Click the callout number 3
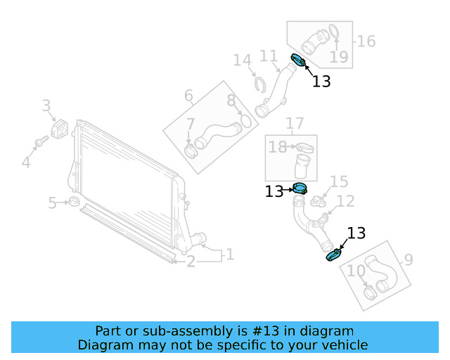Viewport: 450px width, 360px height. (46, 106)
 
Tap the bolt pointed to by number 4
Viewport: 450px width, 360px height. (41, 141)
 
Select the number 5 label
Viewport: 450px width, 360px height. (52, 203)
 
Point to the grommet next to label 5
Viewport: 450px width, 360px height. (71, 203)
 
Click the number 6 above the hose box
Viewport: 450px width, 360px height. (188, 95)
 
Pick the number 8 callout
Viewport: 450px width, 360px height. (231, 100)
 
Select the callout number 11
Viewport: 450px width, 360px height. (269, 56)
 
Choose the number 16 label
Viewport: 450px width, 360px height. (366, 41)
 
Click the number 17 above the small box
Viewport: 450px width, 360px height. (294, 124)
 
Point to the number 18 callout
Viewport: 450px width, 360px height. (277, 146)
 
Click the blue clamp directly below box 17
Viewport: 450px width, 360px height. (301, 188)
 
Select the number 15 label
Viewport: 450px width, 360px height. (339, 183)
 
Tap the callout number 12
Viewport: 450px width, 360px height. (345, 202)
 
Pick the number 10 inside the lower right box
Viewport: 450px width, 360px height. (356, 271)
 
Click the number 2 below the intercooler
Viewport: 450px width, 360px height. (191, 262)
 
